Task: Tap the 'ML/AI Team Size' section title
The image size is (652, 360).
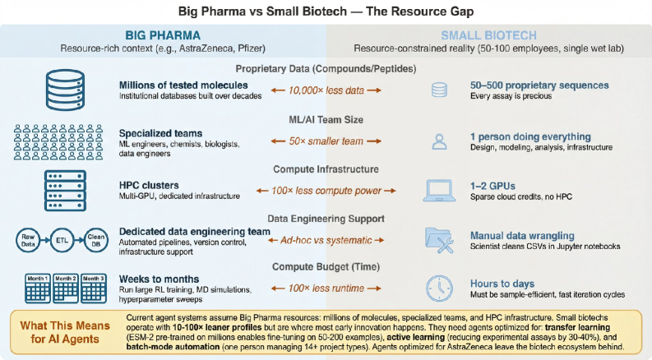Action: coord(326,118)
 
